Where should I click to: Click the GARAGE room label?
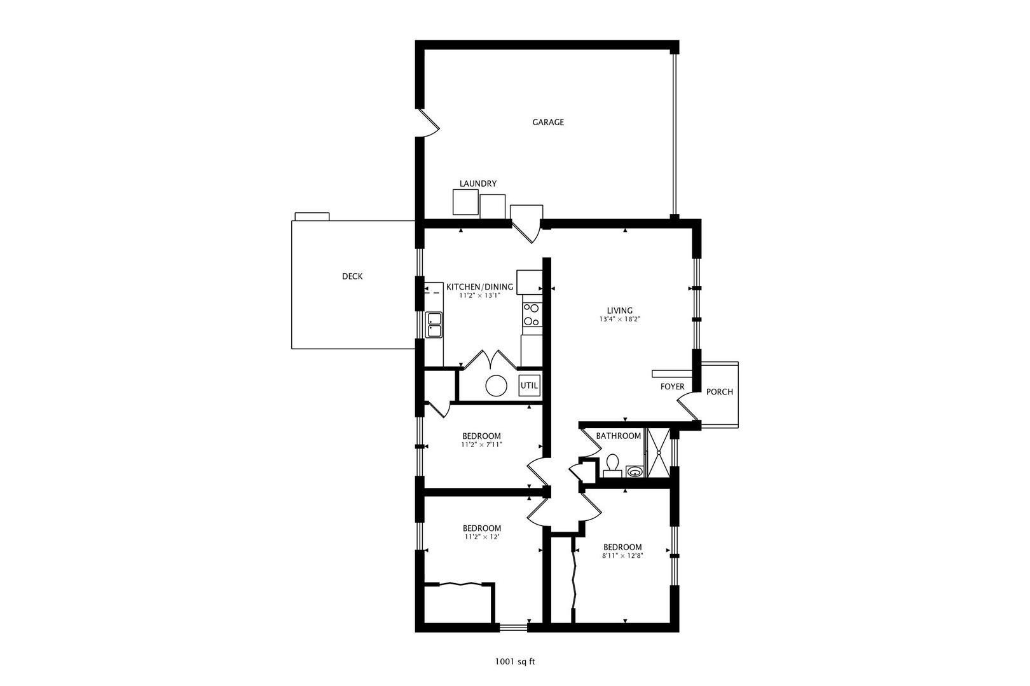pyautogui.click(x=548, y=122)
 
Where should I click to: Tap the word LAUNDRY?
pyautogui.click(x=478, y=184)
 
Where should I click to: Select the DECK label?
pyautogui.click(x=352, y=276)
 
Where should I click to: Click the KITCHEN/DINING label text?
pyautogui.click(x=479, y=286)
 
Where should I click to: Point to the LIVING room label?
pyautogui.click(x=619, y=311)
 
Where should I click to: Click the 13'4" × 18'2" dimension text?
pyautogui.click(x=619, y=319)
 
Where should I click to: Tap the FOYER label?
pyautogui.click(x=672, y=387)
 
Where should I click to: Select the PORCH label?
pyautogui.click(x=720, y=392)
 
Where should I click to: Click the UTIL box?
pyautogui.click(x=530, y=386)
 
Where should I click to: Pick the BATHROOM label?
pyautogui.click(x=618, y=436)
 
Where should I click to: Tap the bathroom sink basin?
pyautogui.click(x=635, y=471)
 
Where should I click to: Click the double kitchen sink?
pyautogui.click(x=435, y=325)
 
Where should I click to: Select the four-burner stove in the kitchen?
pyautogui.click(x=531, y=315)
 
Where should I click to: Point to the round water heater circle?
pyautogui.click(x=497, y=386)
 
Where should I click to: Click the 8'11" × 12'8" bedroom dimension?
pyautogui.click(x=622, y=556)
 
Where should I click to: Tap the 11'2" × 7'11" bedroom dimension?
pyautogui.click(x=481, y=445)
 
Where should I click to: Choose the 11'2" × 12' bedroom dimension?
pyautogui.click(x=481, y=537)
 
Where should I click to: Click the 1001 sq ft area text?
pyautogui.click(x=515, y=661)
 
